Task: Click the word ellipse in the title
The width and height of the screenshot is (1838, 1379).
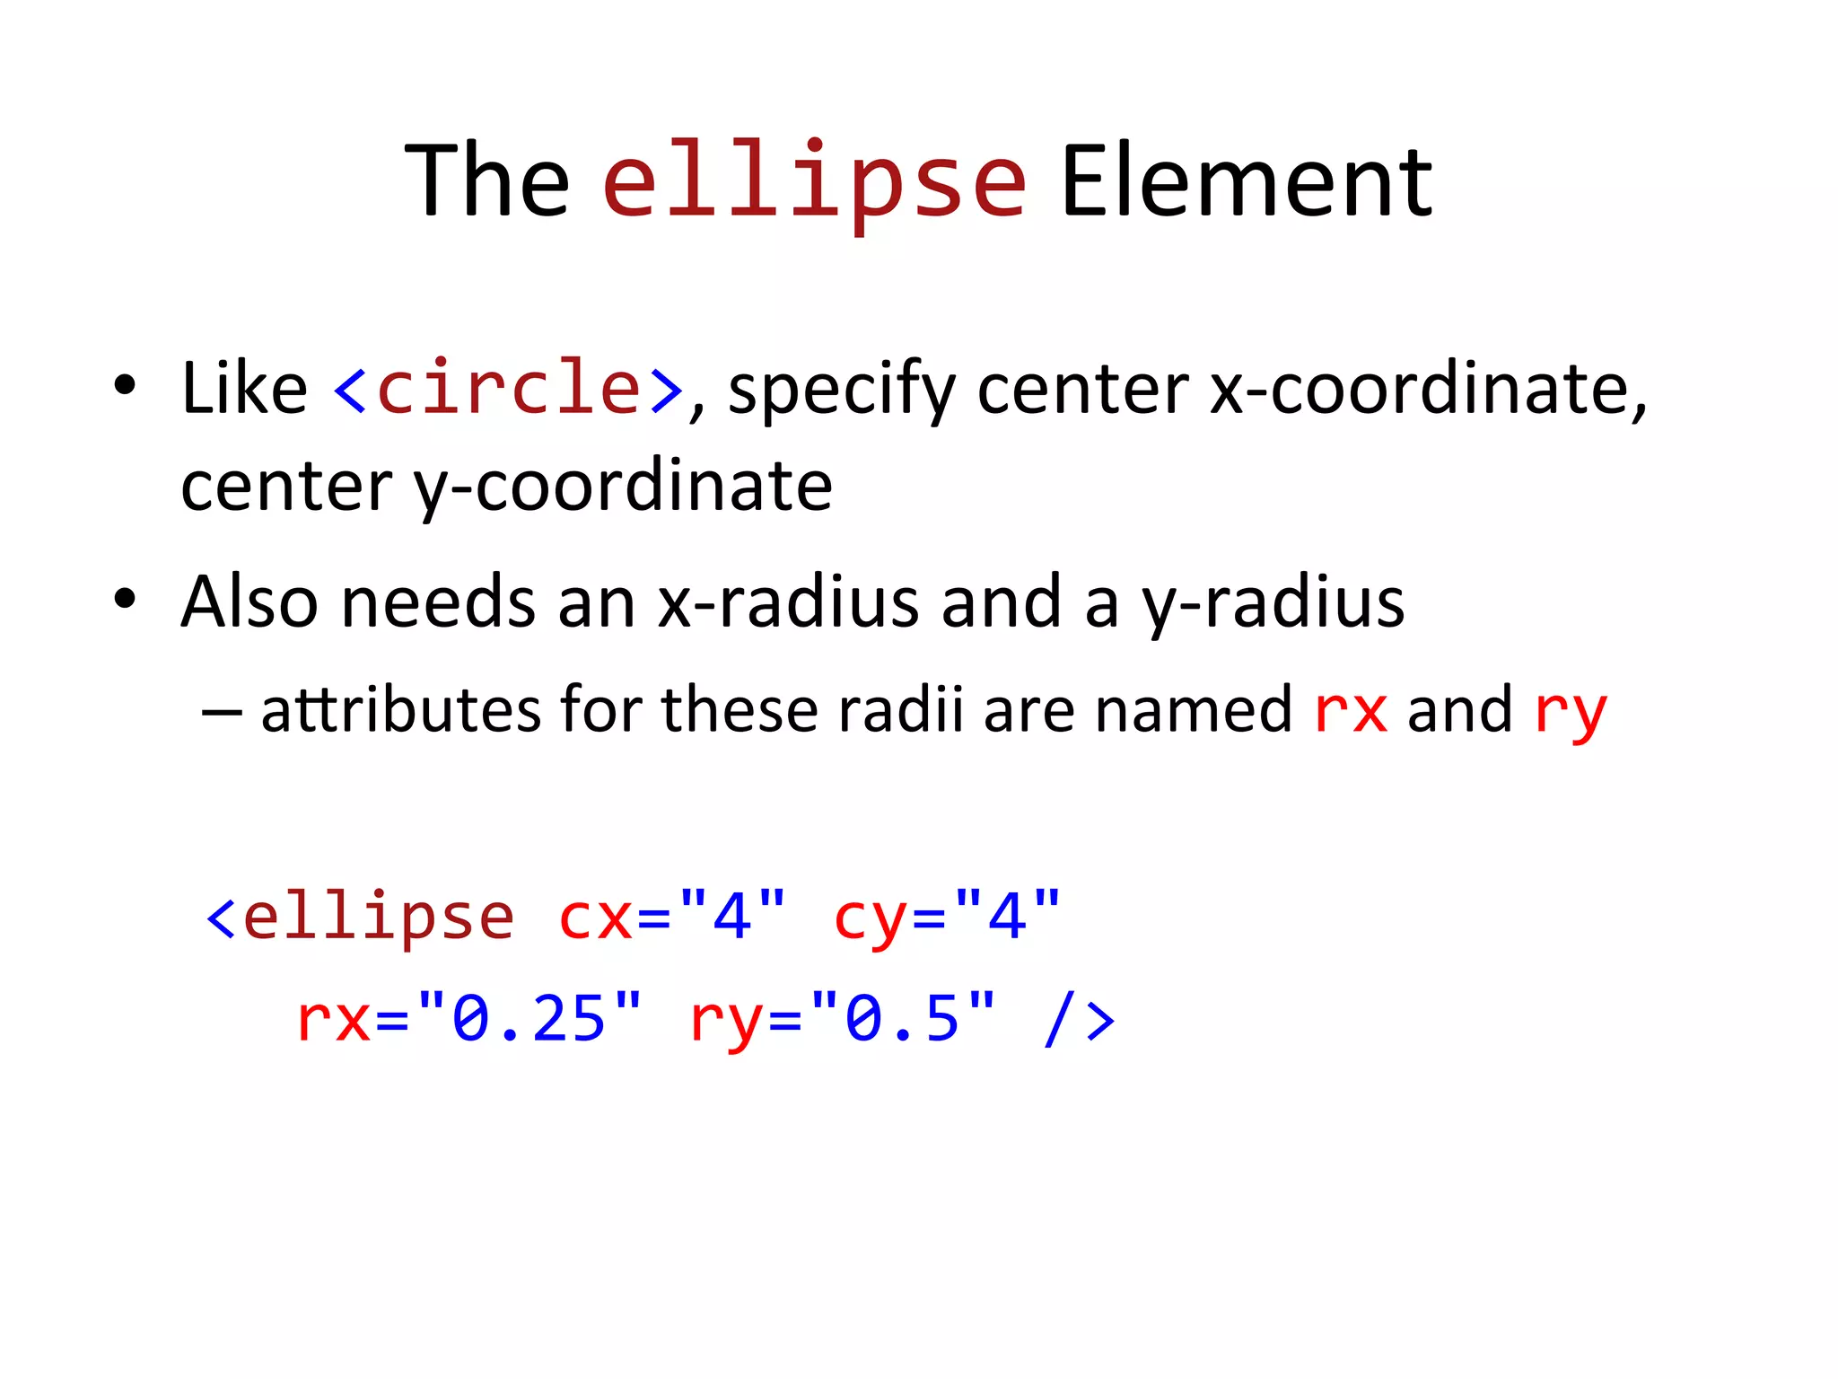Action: tap(814, 182)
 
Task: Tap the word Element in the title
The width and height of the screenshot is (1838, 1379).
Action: tap(1247, 182)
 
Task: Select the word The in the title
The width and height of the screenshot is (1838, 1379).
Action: tap(487, 182)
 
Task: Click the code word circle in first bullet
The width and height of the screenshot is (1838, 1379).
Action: tap(509, 388)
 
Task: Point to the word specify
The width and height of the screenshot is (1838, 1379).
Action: tap(841, 391)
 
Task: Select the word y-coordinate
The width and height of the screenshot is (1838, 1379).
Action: tap(623, 487)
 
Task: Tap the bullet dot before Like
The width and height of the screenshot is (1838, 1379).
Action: tap(125, 385)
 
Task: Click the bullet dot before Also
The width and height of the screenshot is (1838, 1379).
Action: tap(125, 599)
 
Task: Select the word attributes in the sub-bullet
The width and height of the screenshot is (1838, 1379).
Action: tap(400, 709)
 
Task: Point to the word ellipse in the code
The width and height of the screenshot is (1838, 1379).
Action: tap(379, 917)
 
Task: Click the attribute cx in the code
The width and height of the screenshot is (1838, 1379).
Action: tap(595, 918)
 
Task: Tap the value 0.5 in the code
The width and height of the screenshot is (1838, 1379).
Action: tap(903, 1020)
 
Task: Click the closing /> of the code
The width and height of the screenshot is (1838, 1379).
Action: tap(1080, 1020)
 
